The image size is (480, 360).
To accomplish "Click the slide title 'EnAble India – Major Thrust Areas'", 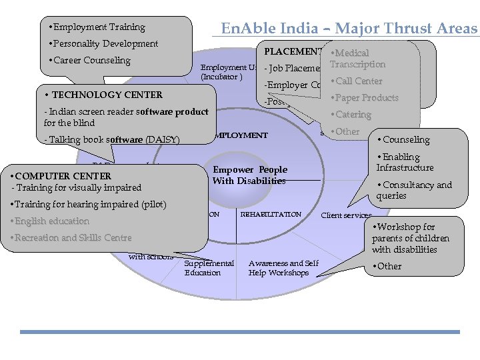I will [x=349, y=29].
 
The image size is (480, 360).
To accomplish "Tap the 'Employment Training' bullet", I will [x=99, y=27].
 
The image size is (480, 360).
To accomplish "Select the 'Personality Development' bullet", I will [x=105, y=44].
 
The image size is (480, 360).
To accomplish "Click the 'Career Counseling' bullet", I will [x=91, y=61].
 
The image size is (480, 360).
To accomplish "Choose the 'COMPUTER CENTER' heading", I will [x=63, y=176].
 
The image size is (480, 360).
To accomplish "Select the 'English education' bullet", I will [x=51, y=221].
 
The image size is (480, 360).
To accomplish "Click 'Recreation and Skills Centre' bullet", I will [x=73, y=237].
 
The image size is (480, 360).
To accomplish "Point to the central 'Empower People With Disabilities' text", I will [x=249, y=175].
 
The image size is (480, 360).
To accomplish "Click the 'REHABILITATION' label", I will [x=271, y=215].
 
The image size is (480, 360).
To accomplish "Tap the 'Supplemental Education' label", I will [x=209, y=267].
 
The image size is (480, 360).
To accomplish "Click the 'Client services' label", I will [x=346, y=215].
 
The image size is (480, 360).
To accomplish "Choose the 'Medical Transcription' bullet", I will [x=358, y=59].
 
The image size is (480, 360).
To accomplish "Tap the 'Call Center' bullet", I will [x=359, y=81].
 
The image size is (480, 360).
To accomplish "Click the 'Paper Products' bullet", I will [x=366, y=98].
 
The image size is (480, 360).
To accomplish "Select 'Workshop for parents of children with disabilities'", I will [x=411, y=238].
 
